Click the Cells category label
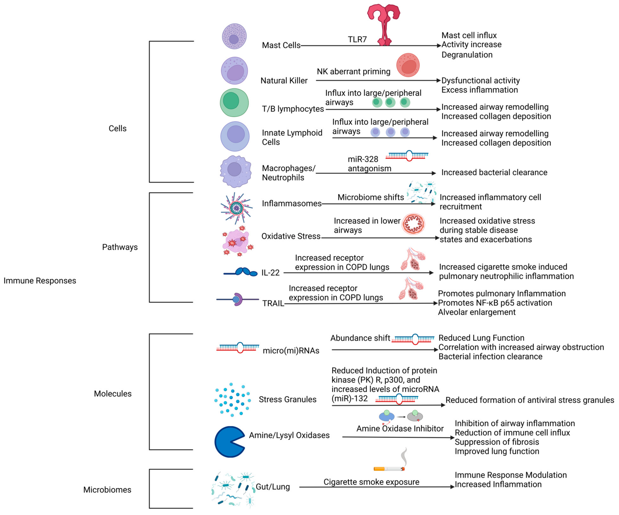tap(117, 128)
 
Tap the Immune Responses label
tap(40, 281)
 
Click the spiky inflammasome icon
tap(236, 208)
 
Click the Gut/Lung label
tap(273, 487)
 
